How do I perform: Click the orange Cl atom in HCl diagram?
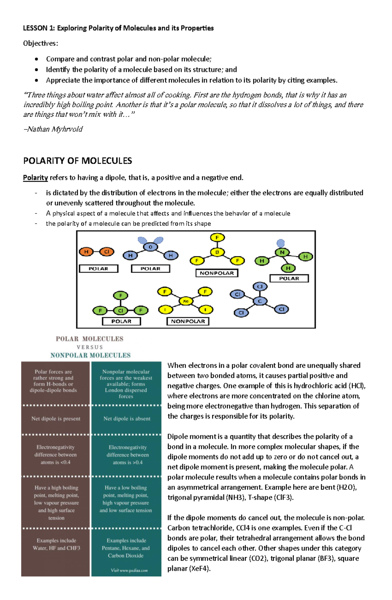point(106,251)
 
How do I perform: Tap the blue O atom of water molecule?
point(150,247)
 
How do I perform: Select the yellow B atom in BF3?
point(217,252)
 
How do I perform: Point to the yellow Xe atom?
point(186,301)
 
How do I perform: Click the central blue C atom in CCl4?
point(260,301)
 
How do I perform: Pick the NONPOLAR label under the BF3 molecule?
point(217,273)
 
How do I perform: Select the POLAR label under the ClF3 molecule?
point(121,321)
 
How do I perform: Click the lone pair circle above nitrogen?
point(281,243)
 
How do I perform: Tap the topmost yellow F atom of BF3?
point(217,237)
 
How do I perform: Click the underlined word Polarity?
point(35,178)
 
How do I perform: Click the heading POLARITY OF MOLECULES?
point(77,161)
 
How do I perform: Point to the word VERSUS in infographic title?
point(90,347)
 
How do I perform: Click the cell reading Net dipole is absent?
point(127,419)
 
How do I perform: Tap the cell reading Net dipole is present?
point(56,419)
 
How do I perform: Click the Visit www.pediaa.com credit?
point(129,570)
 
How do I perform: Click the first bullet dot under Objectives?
point(37,59)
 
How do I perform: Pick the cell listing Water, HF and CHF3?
point(56,544)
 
